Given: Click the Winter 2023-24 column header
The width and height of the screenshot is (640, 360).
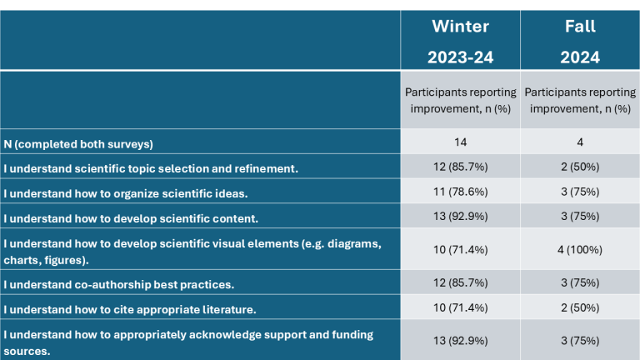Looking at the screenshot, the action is (x=460, y=42).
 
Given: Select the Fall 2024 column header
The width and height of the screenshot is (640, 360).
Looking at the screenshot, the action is (x=580, y=42).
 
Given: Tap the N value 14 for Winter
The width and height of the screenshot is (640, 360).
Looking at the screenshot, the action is (x=460, y=142).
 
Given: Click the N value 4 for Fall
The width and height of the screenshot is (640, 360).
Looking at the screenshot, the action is (x=580, y=142).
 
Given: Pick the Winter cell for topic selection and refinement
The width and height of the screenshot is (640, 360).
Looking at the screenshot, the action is (x=460, y=167).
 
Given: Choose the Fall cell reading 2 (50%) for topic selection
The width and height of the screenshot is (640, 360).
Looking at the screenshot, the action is (x=580, y=167).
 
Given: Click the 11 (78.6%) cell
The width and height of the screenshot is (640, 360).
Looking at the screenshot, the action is (x=460, y=192).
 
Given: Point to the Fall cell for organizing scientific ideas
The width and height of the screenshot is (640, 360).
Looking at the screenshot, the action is (x=580, y=192).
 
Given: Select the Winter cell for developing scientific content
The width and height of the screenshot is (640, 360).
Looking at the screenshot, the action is (x=460, y=217).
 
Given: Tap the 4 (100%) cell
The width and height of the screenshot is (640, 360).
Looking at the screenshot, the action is (x=580, y=250).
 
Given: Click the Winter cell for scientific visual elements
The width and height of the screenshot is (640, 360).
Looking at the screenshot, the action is (x=460, y=250).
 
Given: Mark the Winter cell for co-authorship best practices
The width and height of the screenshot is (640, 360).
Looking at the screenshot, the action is (x=460, y=282).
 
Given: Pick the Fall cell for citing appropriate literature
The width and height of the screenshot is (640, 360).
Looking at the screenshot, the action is (x=580, y=307).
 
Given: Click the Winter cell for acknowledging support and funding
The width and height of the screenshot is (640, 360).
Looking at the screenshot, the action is (x=460, y=341).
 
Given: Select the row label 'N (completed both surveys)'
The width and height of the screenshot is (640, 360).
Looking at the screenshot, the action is (x=78, y=144).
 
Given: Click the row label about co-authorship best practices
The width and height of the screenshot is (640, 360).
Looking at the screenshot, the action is (x=119, y=284).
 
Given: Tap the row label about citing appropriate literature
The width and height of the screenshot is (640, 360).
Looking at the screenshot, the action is (x=130, y=309).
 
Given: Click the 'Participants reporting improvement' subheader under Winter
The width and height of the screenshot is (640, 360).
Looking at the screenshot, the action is (x=460, y=100).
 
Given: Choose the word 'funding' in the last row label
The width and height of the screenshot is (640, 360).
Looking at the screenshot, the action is (x=352, y=335).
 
